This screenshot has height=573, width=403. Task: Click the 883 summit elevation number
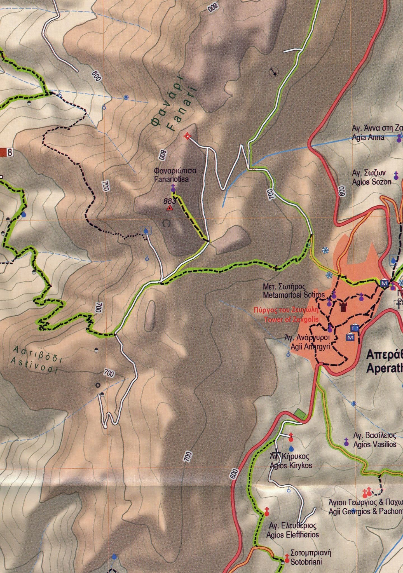170,201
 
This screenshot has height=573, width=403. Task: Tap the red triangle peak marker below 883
170,208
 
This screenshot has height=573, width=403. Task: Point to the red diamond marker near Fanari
187,136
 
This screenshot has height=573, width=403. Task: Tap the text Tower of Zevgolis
291,320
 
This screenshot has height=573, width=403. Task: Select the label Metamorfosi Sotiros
294,295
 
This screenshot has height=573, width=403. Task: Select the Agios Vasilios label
375,444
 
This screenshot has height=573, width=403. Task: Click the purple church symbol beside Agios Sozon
396,176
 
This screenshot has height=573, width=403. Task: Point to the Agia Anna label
368,137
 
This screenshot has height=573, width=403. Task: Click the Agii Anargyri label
310,347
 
